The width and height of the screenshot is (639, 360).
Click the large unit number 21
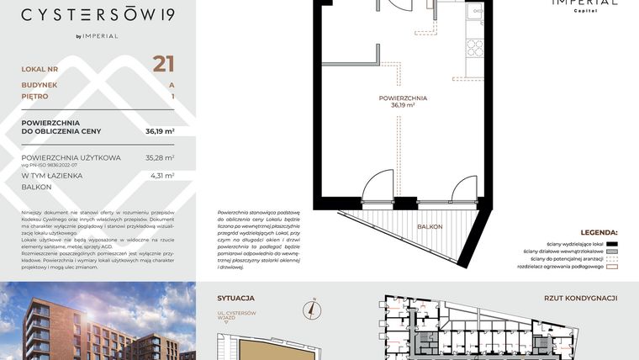pyautogui.click(x=163, y=65)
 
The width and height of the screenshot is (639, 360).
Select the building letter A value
pyautogui.click(x=172, y=85)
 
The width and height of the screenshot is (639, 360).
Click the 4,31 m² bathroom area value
pyautogui.click(x=161, y=176)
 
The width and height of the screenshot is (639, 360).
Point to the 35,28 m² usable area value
pyautogui.click(x=160, y=157)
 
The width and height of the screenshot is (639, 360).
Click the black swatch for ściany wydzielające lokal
pyautogui.click(x=611, y=243)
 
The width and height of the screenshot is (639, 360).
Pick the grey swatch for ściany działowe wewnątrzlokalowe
pyautogui.click(x=611, y=251)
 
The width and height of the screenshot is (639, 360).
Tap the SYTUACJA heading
pyautogui.click(x=235, y=298)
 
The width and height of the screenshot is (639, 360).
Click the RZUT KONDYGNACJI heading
pyautogui.click(x=581, y=298)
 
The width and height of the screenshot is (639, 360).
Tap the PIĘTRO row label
pyautogui.click(x=35, y=97)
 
